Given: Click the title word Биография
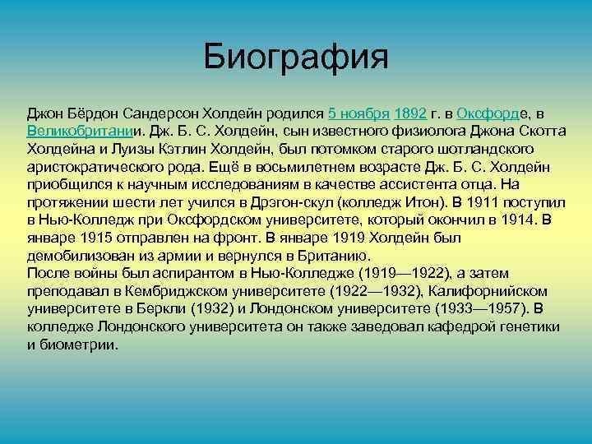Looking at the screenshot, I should [x=295, y=57].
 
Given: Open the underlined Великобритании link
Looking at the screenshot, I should [x=80, y=132].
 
